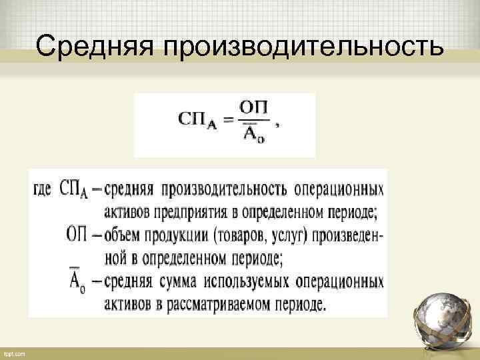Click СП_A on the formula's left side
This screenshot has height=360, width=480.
197,120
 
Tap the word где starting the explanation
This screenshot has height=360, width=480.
43,189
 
